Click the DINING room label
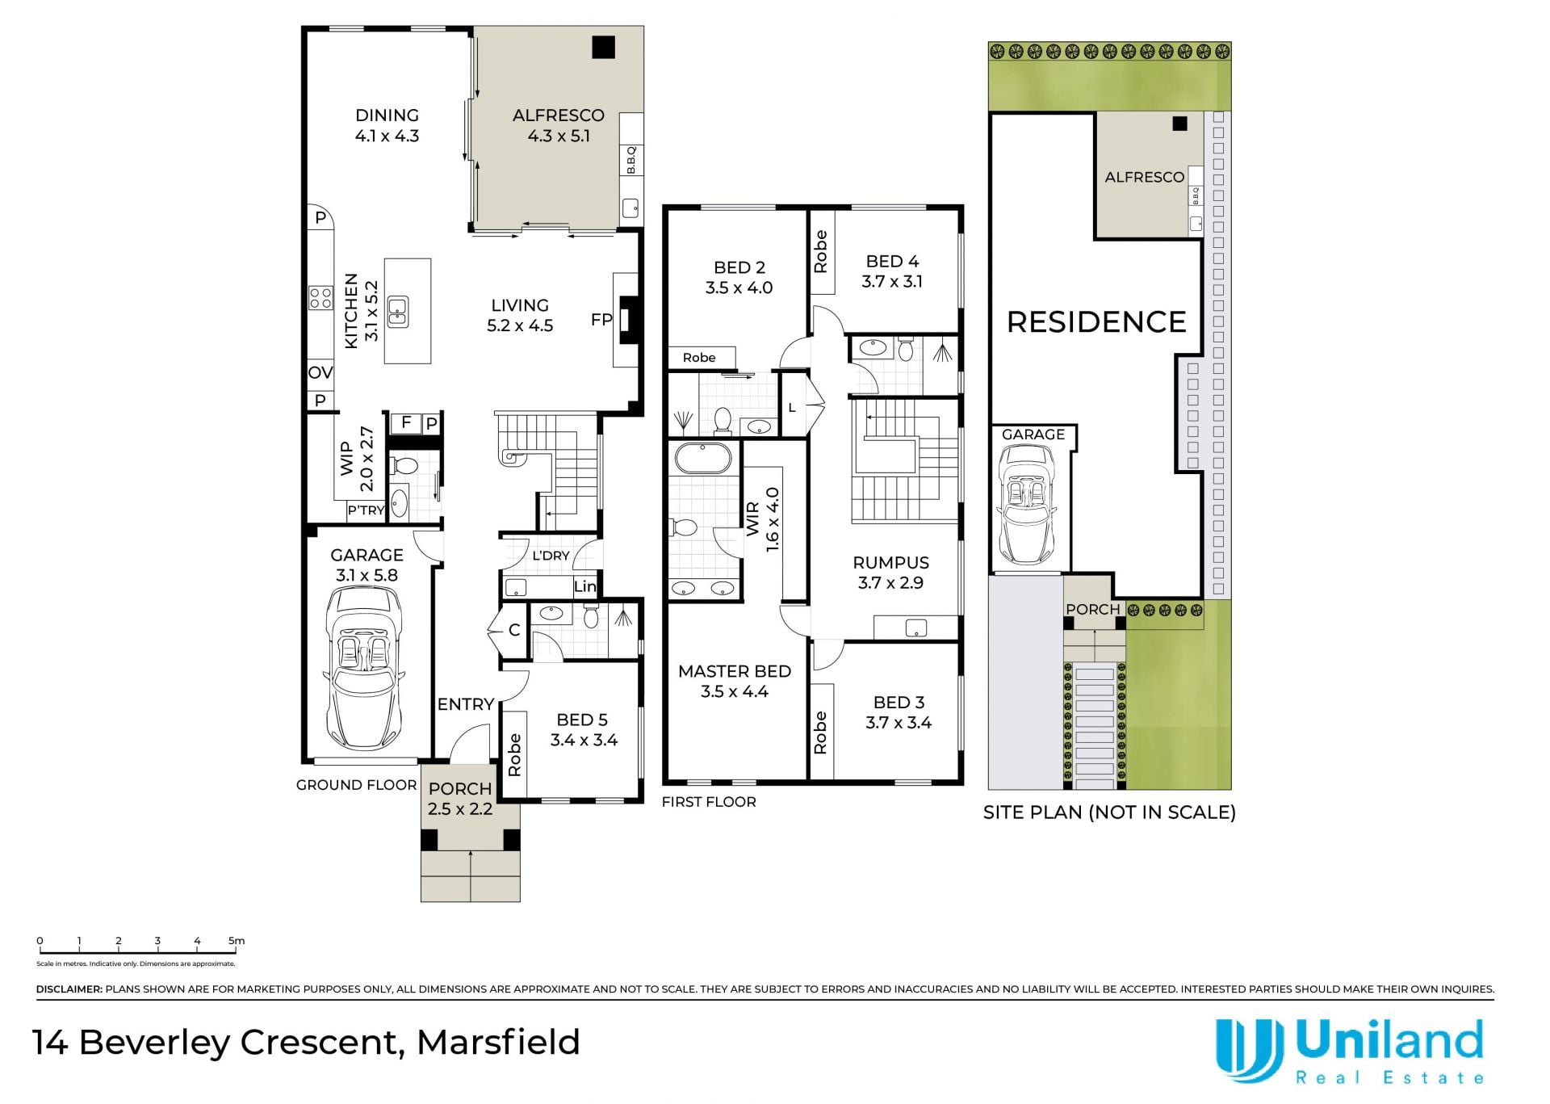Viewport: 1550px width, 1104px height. tap(387, 115)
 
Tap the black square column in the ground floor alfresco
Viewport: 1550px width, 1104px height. tap(603, 47)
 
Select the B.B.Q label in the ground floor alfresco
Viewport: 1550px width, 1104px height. tap(631, 160)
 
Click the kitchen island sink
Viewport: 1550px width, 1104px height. tap(397, 311)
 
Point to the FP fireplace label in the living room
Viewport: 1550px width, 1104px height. tap(601, 320)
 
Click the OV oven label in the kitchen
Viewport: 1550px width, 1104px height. tap(320, 373)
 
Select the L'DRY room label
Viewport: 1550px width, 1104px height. tap(551, 556)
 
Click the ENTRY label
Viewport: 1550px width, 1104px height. tap(465, 704)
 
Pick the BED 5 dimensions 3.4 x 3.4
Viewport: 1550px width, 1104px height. tap(584, 740)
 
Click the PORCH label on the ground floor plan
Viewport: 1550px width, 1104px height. tap(459, 788)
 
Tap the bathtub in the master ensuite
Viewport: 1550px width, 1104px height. tap(702, 458)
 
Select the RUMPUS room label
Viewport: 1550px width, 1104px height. tap(890, 563)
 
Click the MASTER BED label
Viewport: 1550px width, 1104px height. tap(735, 671)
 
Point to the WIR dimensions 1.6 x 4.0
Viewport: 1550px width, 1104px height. tap(773, 519)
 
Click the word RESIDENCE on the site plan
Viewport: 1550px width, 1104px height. tap(1096, 322)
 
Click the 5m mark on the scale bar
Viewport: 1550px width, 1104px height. tap(236, 941)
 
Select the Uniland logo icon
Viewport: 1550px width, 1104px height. tap(1249, 1051)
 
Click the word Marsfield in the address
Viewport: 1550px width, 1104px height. tap(499, 1042)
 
